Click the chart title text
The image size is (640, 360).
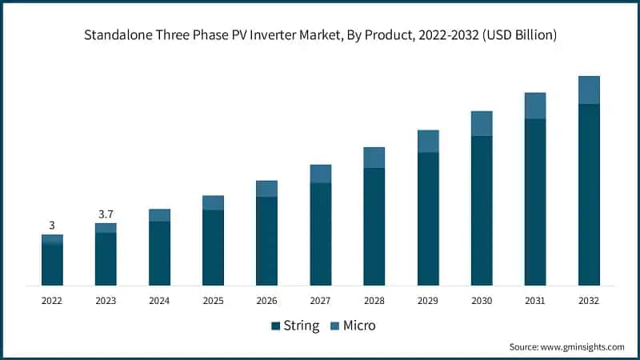click(x=320, y=35)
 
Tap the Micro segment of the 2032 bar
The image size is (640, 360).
click(x=589, y=90)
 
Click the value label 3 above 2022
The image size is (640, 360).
click(x=52, y=226)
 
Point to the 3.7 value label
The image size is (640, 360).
click(x=106, y=214)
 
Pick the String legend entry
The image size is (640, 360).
click(x=295, y=326)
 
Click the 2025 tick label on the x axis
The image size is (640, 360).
click(x=213, y=300)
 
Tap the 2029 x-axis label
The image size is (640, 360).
click(x=428, y=300)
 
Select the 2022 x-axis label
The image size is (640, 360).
click(x=52, y=300)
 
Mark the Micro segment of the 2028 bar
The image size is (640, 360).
click(x=374, y=158)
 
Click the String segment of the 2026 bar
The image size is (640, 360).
click(x=267, y=241)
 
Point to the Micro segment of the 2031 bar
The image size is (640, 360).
click(x=535, y=106)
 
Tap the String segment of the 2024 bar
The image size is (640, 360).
click(x=159, y=253)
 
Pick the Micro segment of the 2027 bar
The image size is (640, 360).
click(x=321, y=174)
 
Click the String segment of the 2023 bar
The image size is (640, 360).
click(x=106, y=259)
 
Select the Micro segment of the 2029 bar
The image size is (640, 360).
click(x=428, y=141)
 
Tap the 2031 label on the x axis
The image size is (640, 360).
click(x=535, y=300)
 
